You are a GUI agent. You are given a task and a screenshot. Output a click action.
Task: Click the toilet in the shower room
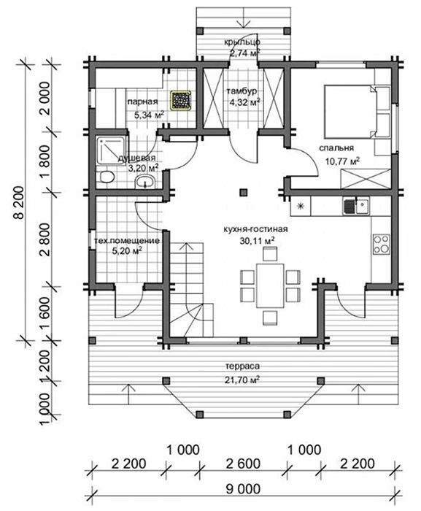tap(107, 177)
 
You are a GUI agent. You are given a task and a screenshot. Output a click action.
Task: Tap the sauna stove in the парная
tap(180, 100)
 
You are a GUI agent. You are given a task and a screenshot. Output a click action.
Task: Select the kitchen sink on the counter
tap(356, 207)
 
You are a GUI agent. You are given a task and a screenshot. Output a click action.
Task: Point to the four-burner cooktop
tap(381, 244)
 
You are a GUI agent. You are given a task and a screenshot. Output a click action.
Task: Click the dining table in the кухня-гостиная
tap(270, 286)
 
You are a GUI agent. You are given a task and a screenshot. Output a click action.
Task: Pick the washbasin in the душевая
tap(144, 181)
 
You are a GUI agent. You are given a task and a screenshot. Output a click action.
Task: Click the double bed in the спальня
tap(357, 112)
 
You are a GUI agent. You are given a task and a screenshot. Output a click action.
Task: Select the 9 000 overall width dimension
tap(243, 489)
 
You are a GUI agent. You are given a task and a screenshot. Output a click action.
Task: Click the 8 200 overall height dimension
tap(19, 203)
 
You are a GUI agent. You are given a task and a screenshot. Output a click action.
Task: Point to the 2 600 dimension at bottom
tap(243, 464)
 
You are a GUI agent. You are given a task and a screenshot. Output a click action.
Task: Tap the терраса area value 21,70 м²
tap(242, 380)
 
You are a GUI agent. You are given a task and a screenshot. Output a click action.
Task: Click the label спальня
tap(336, 148)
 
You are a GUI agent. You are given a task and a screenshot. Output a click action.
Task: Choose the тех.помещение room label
tap(127, 241)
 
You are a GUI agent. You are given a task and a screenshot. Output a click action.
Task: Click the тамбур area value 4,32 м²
tap(244, 103)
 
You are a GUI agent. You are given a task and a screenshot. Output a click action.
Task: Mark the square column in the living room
tap(243, 192)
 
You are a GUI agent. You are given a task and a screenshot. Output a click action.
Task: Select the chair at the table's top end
tap(270, 253)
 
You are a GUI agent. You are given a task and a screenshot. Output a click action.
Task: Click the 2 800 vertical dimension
tap(45, 239)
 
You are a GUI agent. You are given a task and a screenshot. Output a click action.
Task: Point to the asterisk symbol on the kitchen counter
tap(301, 206)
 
